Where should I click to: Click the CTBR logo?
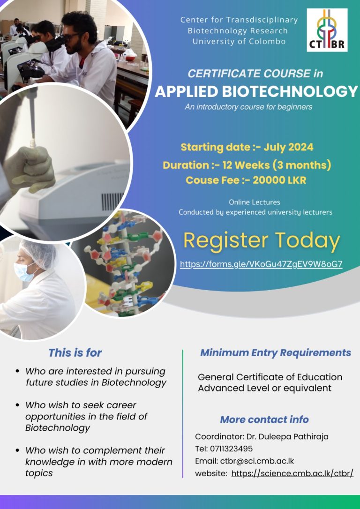tap(327, 30)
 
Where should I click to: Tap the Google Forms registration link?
tap(261, 264)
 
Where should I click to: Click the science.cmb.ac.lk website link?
tap(292, 473)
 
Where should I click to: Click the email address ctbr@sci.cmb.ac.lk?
tap(257, 461)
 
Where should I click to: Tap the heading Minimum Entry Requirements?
tap(276, 352)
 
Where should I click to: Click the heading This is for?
tap(75, 353)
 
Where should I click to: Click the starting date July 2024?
tap(288, 147)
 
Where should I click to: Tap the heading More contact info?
tap(264, 419)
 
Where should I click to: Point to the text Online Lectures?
tap(255, 202)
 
